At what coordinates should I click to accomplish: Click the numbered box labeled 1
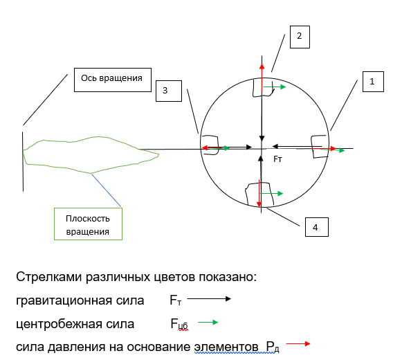click(373, 82)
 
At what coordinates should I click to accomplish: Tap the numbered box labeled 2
click(300, 37)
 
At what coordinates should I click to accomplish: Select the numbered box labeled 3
click(169, 91)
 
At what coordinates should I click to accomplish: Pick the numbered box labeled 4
click(317, 227)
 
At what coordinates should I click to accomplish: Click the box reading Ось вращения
click(113, 80)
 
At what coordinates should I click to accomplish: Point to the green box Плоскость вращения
click(88, 224)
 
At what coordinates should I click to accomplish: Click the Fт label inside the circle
click(277, 159)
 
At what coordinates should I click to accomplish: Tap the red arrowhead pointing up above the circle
click(262, 66)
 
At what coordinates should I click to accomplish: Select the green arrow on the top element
click(275, 87)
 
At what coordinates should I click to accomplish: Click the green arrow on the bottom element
click(271, 194)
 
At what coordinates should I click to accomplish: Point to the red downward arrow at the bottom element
click(259, 193)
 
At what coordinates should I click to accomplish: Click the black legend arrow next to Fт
click(209, 298)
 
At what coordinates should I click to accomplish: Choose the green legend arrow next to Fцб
click(208, 322)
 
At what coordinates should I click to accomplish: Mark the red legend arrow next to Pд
click(298, 343)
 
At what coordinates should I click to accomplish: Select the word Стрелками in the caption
click(49, 277)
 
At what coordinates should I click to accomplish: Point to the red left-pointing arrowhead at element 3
click(205, 148)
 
